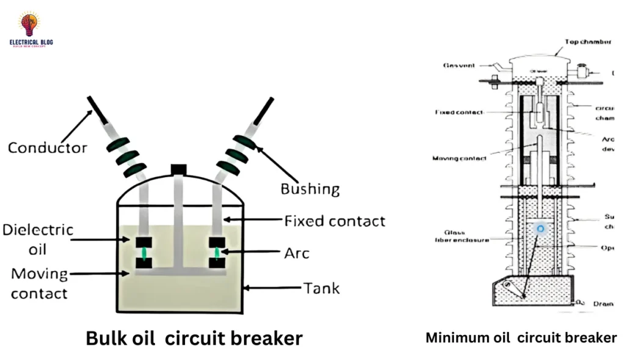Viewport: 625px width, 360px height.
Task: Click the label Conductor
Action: tap(47, 148)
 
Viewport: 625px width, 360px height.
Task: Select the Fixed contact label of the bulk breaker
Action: tap(334, 220)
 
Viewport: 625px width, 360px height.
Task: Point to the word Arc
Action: tap(297, 251)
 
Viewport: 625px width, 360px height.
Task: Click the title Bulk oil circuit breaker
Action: tap(194, 337)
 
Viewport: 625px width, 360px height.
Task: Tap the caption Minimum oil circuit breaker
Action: tap(521, 337)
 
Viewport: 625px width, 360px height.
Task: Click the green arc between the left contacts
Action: tap(144, 253)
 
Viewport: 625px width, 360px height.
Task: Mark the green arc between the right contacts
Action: tap(216, 253)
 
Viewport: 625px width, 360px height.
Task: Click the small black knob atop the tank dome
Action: tap(178, 169)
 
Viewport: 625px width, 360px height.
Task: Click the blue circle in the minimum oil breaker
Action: tap(540, 229)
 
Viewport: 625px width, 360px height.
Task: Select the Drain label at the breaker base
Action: tap(604, 303)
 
